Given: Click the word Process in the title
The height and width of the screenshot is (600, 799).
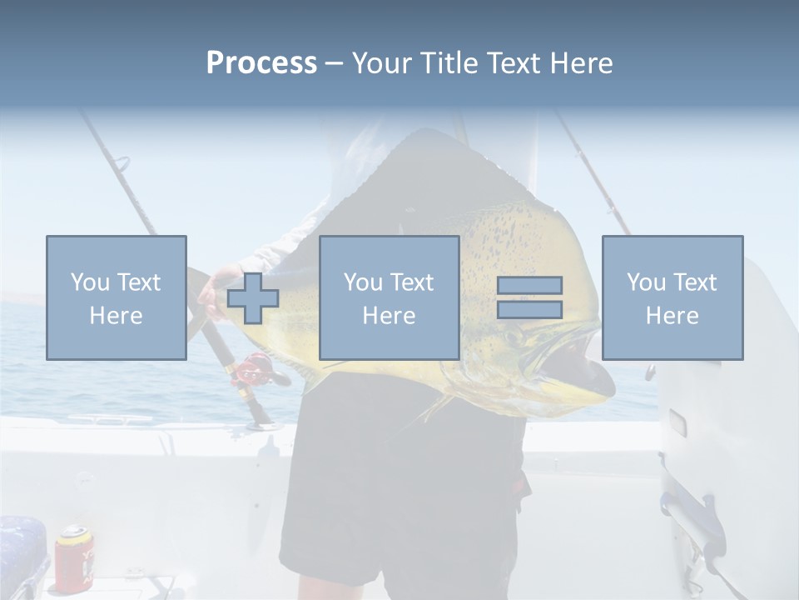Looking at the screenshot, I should (261, 63).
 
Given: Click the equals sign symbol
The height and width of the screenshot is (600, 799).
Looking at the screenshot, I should (529, 297).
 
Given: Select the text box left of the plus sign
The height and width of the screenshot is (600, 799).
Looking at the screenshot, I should (116, 297).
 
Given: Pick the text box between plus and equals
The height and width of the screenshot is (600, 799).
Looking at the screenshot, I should (389, 297).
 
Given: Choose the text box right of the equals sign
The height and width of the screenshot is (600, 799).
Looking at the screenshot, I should (672, 297).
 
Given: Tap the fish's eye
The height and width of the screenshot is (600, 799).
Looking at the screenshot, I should (514, 336).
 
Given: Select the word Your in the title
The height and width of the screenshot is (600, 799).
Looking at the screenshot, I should (380, 63).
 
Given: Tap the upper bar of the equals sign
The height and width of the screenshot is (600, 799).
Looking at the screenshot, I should (529, 285).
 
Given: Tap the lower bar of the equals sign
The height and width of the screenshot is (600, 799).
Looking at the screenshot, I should (529, 309).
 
